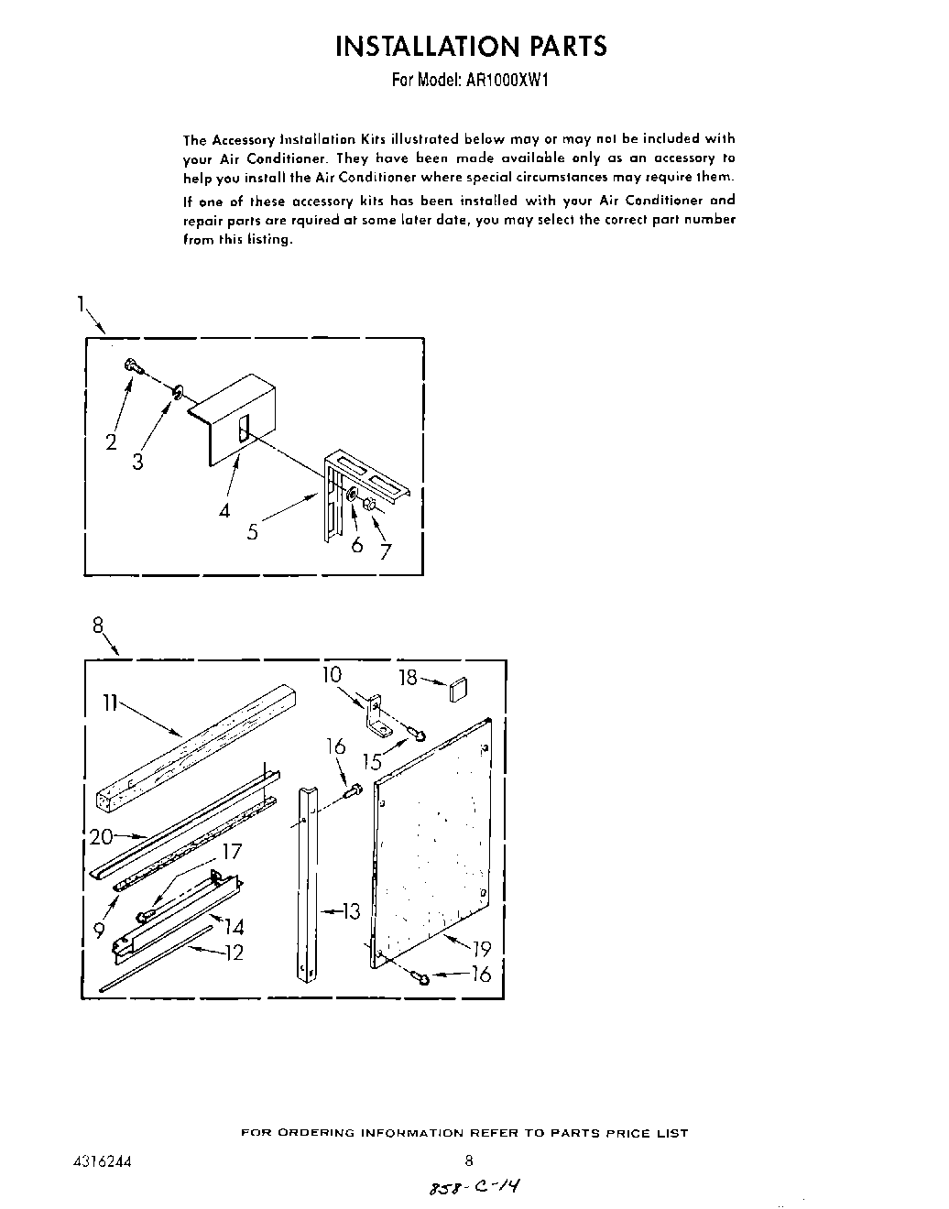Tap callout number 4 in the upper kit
click(x=224, y=510)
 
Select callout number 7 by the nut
click(x=386, y=551)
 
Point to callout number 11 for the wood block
click(x=110, y=703)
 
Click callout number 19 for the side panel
click(x=482, y=949)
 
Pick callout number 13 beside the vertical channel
click(x=351, y=910)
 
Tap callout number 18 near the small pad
click(x=409, y=677)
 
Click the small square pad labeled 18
click(x=459, y=689)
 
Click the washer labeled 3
click(x=177, y=394)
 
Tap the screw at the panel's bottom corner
click(x=422, y=978)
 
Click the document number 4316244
click(x=101, y=1160)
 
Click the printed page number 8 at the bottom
click(x=468, y=1160)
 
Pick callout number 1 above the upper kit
click(x=82, y=303)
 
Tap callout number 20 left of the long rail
click(x=101, y=835)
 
